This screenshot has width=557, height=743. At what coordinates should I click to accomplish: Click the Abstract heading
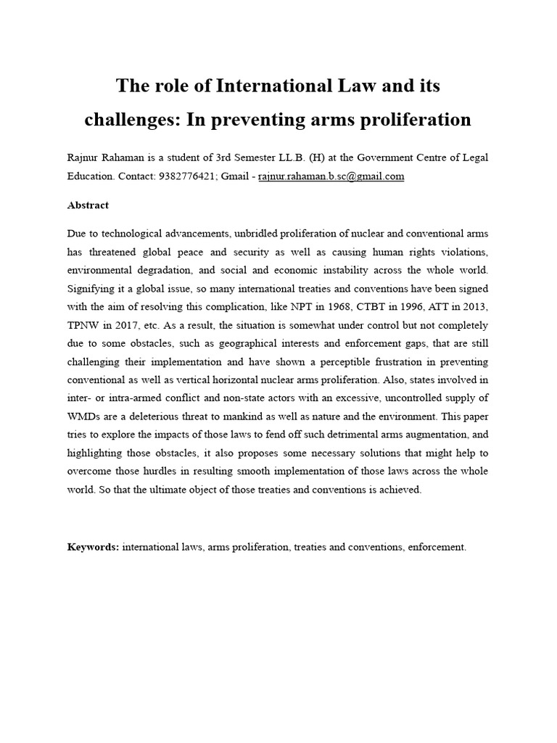pos(88,205)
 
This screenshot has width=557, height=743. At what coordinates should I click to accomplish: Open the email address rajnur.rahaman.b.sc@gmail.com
pos(331,176)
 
